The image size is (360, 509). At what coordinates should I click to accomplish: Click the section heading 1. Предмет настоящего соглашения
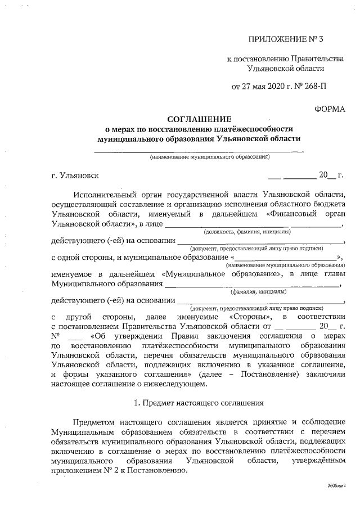pyautogui.click(x=199, y=403)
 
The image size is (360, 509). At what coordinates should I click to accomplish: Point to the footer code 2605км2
pyautogui.click(x=337, y=485)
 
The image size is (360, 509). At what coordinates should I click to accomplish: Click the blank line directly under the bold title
pyautogui.click(x=199, y=150)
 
